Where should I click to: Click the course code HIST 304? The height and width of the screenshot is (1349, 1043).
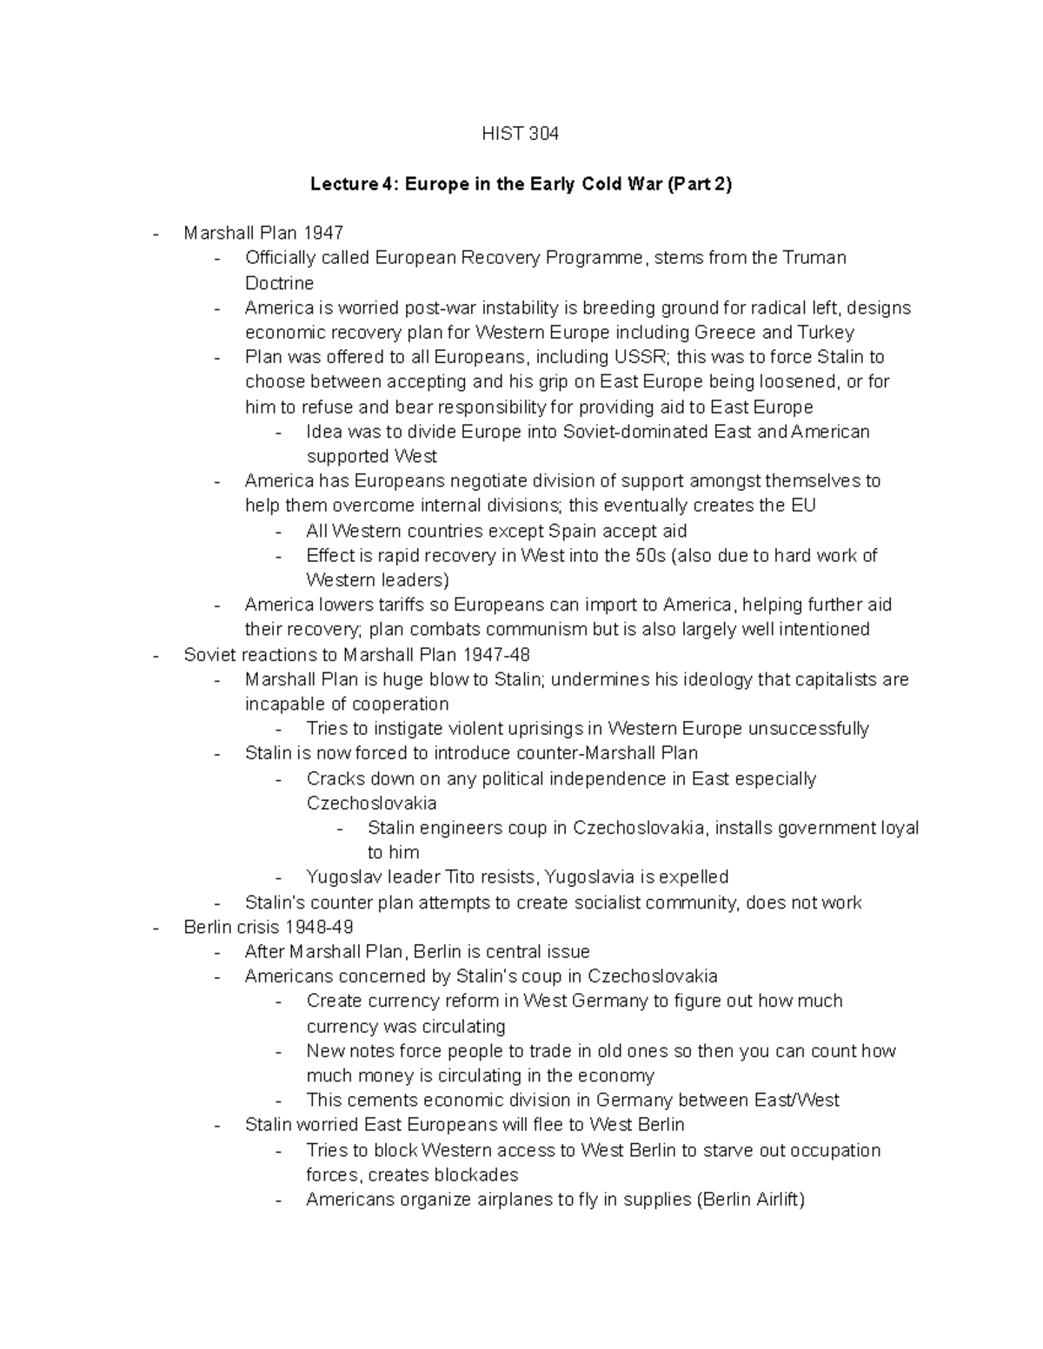click(x=521, y=134)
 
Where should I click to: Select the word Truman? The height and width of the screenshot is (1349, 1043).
click(x=814, y=258)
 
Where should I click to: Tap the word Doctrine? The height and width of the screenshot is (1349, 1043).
click(x=279, y=283)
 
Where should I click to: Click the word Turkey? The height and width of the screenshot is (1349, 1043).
click(x=826, y=333)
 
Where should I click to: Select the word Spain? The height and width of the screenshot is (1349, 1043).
click(x=572, y=531)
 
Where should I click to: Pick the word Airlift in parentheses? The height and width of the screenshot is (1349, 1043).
click(x=769, y=1200)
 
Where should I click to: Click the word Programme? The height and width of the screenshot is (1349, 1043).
click(x=595, y=258)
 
